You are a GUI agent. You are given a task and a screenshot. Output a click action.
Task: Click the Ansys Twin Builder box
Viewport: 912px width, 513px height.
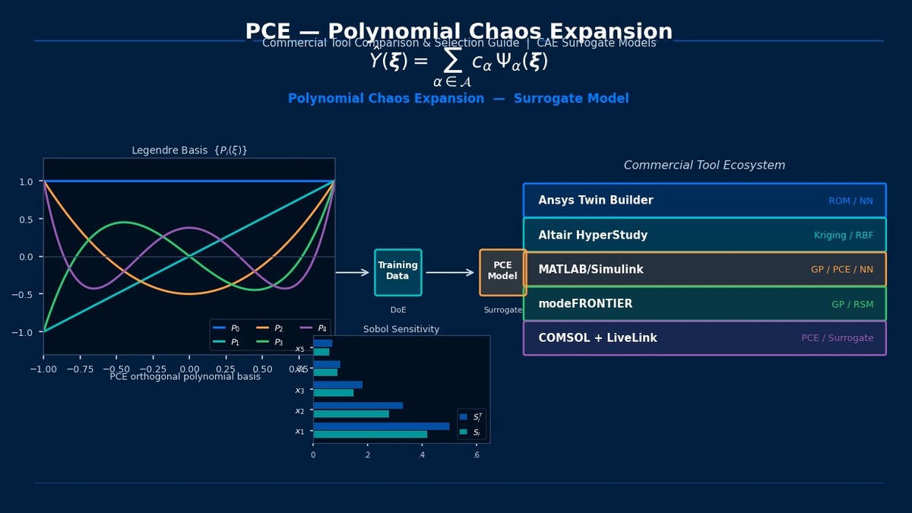pos(705,201)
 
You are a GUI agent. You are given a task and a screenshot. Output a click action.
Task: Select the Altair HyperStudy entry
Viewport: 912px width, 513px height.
pos(705,236)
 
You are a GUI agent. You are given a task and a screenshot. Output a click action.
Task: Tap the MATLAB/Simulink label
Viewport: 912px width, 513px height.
pos(591,270)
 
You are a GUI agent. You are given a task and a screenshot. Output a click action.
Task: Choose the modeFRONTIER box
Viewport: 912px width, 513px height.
pos(705,304)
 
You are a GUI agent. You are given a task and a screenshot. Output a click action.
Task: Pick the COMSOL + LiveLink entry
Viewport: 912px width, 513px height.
pos(705,338)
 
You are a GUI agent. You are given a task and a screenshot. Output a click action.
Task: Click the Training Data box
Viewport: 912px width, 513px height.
pos(397,272)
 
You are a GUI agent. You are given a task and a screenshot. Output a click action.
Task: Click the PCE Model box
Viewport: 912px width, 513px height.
pos(502,272)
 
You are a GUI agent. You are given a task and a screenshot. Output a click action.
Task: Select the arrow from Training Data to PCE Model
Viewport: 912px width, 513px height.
pos(450,272)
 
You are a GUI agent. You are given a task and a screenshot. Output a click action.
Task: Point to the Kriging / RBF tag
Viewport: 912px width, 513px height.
pos(844,236)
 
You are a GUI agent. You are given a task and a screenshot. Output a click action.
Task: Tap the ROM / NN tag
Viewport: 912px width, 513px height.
pos(850,201)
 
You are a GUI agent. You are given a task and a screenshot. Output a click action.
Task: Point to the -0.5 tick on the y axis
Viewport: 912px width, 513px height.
pos(27,295)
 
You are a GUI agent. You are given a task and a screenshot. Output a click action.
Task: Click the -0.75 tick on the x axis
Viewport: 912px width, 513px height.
pos(80,368)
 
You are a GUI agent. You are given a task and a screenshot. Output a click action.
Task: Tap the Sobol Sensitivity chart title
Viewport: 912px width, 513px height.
pos(401,329)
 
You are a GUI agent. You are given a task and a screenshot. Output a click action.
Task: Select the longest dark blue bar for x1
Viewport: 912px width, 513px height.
pos(381,426)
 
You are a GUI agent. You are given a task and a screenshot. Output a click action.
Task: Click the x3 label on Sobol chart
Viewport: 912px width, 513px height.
pos(299,391)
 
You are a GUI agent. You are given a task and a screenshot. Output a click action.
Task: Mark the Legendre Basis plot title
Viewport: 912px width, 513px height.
pos(189,150)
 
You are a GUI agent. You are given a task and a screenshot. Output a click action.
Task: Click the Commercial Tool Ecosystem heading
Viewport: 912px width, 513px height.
pos(705,166)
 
